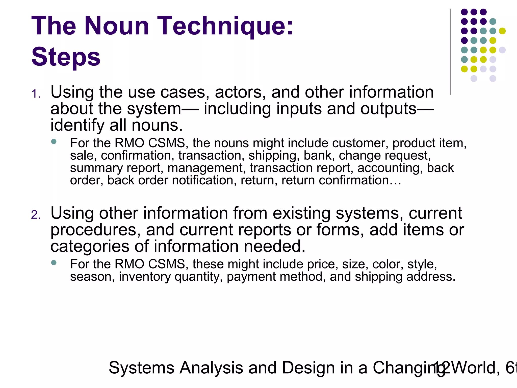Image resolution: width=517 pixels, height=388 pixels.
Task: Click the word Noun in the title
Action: (117, 26)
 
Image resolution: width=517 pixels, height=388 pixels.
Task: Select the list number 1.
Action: (36, 94)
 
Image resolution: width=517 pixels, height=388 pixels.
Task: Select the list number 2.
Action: (36, 215)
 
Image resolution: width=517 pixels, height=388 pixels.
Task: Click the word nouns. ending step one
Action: (157, 125)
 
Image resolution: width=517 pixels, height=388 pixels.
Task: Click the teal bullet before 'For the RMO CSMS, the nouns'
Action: (54, 141)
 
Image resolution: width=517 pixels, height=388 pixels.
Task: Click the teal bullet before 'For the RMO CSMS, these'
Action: (54, 263)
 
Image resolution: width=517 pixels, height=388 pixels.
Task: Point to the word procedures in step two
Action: (95, 230)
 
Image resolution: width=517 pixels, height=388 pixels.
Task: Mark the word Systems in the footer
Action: (141, 368)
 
